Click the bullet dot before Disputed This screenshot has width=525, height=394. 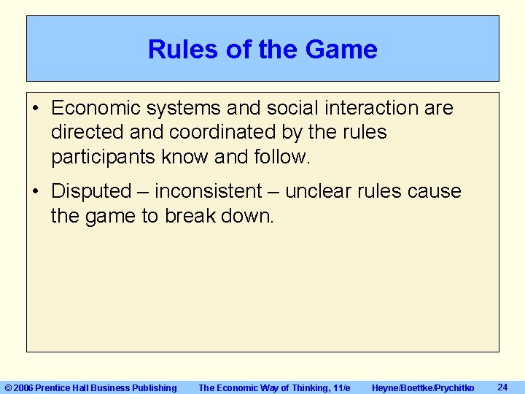(36, 192)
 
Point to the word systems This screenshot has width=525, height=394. (185, 109)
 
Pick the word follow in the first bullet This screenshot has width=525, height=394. (283, 157)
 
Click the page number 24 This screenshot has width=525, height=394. (502, 387)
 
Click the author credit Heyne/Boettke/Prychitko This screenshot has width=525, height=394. (423, 387)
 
